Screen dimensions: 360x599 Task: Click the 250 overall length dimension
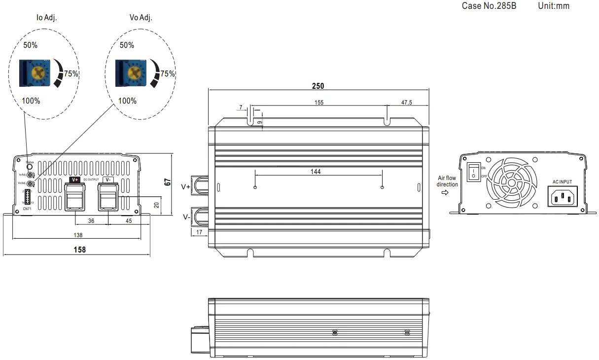tap(318, 86)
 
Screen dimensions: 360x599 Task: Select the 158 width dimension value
tap(79, 250)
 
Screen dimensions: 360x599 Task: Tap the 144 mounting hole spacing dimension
tap(316, 172)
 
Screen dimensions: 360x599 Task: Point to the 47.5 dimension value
tap(407, 103)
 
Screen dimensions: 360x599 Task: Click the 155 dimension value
tap(318, 103)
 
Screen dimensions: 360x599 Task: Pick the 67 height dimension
tap(168, 182)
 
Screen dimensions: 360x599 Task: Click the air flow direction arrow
tap(445, 193)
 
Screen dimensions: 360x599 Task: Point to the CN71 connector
tap(28, 197)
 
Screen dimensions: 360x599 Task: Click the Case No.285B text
tap(489, 6)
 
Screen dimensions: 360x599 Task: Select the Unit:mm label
tap(554, 6)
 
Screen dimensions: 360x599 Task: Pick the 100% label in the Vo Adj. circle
tap(127, 101)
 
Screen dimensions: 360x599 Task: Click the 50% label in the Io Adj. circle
tap(31, 45)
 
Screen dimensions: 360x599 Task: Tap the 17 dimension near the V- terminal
tap(199, 231)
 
